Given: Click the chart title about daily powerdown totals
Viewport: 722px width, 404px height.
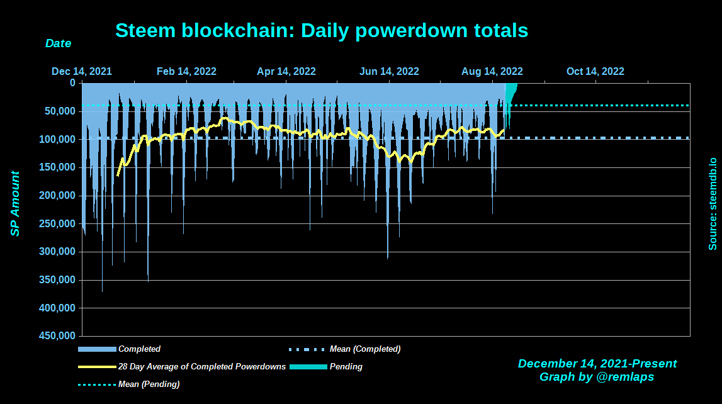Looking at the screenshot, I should [322, 30].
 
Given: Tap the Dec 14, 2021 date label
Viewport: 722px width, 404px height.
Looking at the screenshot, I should [82, 71].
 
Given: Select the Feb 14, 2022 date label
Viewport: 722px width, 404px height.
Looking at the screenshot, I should [186, 71].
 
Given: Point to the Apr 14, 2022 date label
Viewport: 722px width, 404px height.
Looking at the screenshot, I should [286, 71].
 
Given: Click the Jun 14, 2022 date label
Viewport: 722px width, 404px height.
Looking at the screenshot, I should [389, 71].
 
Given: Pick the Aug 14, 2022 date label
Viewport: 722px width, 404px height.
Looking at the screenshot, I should [492, 71].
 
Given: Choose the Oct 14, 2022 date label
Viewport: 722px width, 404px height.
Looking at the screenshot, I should [595, 71].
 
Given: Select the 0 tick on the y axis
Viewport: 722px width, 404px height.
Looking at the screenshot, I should [72, 82].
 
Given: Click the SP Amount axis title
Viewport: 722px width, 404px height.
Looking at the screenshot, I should [15, 204].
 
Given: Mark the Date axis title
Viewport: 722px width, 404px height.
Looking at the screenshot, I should [58, 43].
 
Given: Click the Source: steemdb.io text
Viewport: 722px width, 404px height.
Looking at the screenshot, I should [713, 204].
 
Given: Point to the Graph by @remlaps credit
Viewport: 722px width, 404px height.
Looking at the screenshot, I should [597, 377].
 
